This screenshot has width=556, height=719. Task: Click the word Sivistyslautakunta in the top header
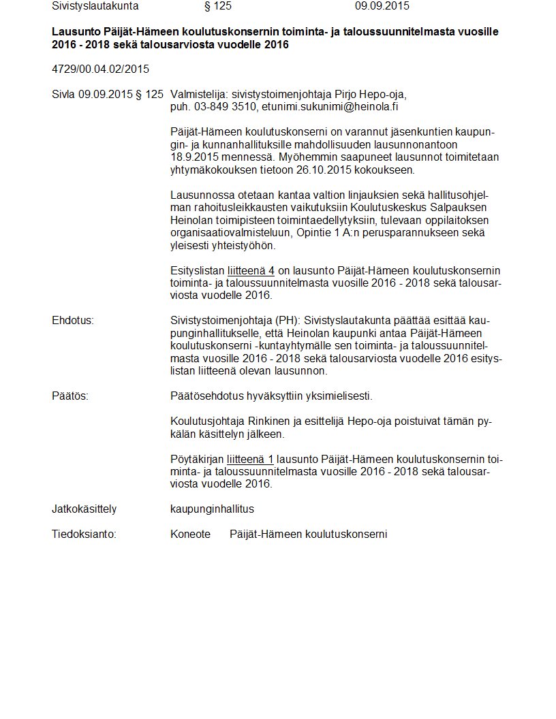coord(95,6)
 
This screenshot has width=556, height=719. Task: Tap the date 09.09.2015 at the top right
coord(382,6)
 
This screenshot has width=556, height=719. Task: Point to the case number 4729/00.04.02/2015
coord(100,69)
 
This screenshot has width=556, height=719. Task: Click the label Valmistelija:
coord(200,95)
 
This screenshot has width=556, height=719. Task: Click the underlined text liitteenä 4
coord(251,271)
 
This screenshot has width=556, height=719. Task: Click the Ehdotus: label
coord(72,320)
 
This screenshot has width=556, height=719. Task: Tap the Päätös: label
coord(70,396)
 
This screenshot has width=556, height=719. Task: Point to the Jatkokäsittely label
coord(84,509)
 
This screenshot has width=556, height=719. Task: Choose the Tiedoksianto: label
coord(84,534)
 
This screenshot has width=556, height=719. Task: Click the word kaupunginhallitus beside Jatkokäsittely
coord(212,509)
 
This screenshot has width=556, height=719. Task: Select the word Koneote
coord(190,534)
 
